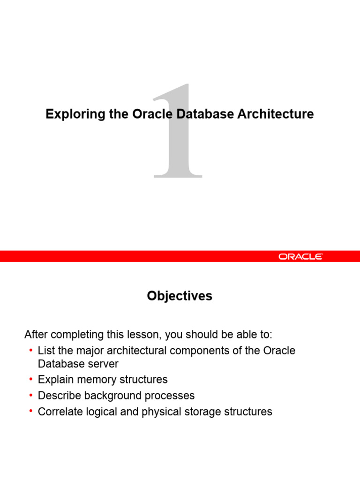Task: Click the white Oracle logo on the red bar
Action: [x=300, y=256]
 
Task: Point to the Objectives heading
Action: [x=180, y=296]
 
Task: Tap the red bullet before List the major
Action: [x=30, y=350]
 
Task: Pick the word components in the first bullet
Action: [x=189, y=351]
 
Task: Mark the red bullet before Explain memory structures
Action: [x=30, y=379]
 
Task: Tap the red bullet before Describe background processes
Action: [x=30, y=395]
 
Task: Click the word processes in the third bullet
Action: [x=171, y=396]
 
